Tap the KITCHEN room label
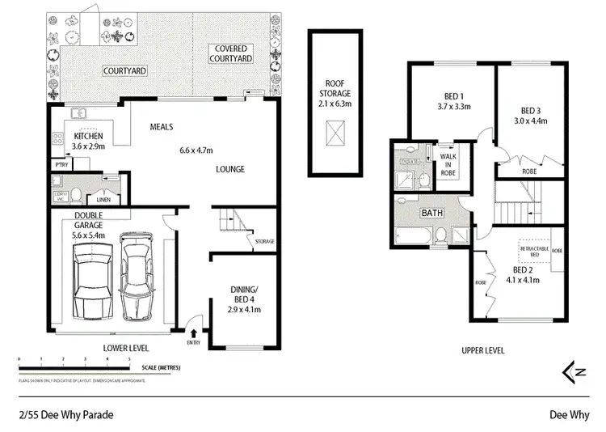89,135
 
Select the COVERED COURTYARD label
231,53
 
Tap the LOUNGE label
230,169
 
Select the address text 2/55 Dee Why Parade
65,414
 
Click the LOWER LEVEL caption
125,348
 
